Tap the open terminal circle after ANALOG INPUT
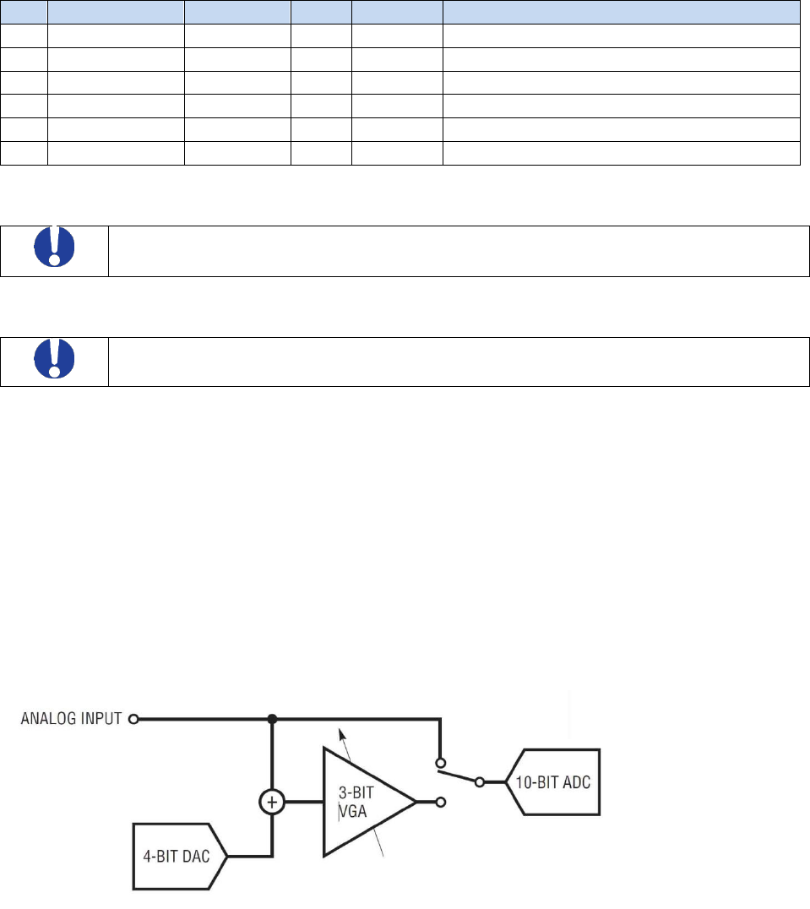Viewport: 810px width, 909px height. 133,720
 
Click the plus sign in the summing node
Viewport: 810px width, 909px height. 272,802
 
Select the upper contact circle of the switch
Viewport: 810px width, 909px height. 440,759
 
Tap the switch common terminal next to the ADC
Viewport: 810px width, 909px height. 481,782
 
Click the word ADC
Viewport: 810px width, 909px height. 579,781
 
